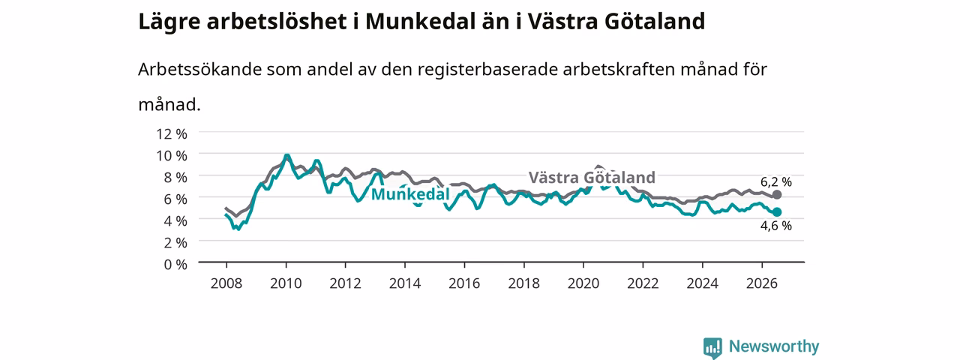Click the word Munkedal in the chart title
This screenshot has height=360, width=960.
tap(420, 21)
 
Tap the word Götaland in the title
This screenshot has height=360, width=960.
tap(655, 21)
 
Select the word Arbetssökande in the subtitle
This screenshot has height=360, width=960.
tap(199, 69)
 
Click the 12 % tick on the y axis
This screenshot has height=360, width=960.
tap(172, 134)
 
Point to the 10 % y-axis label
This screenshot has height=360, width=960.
tap(172, 156)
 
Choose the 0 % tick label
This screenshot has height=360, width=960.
tap(175, 265)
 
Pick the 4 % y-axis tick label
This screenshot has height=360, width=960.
tap(175, 221)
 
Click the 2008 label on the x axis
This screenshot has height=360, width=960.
tap(226, 283)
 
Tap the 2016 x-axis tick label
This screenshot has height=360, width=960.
tap(464, 283)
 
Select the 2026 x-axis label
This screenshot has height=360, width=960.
tap(762, 283)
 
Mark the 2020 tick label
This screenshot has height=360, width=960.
tap(583, 283)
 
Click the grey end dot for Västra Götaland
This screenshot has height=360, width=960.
tap(776, 195)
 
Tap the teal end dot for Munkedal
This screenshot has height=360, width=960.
tap(776, 211)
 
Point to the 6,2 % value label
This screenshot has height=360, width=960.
tap(776, 182)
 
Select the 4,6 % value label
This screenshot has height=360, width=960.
tap(776, 226)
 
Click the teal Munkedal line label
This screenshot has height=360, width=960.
tap(410, 194)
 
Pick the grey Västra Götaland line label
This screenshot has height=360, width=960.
tap(592, 178)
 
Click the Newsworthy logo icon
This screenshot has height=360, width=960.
tap(712, 347)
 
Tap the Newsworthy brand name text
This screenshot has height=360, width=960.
tap(774, 346)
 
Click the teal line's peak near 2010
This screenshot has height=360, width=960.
tap(286, 155)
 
